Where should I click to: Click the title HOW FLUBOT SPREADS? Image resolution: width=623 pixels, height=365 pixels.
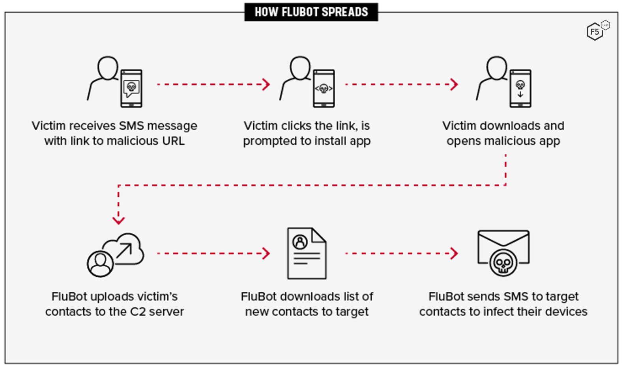(311, 12)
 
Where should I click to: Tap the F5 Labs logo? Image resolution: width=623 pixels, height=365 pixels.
(597, 31)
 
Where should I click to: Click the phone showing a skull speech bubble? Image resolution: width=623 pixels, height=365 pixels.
(131, 88)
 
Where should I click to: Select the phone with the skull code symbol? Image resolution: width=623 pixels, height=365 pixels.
(324, 88)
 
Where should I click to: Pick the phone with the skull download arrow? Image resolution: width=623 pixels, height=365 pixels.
(520, 88)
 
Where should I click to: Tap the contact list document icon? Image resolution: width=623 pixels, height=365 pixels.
(307, 253)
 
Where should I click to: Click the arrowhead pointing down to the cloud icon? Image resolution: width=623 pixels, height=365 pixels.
(118, 220)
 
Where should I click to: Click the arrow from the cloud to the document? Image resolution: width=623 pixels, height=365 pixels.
(213, 253)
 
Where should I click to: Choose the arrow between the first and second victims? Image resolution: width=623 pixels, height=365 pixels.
(213, 84)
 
